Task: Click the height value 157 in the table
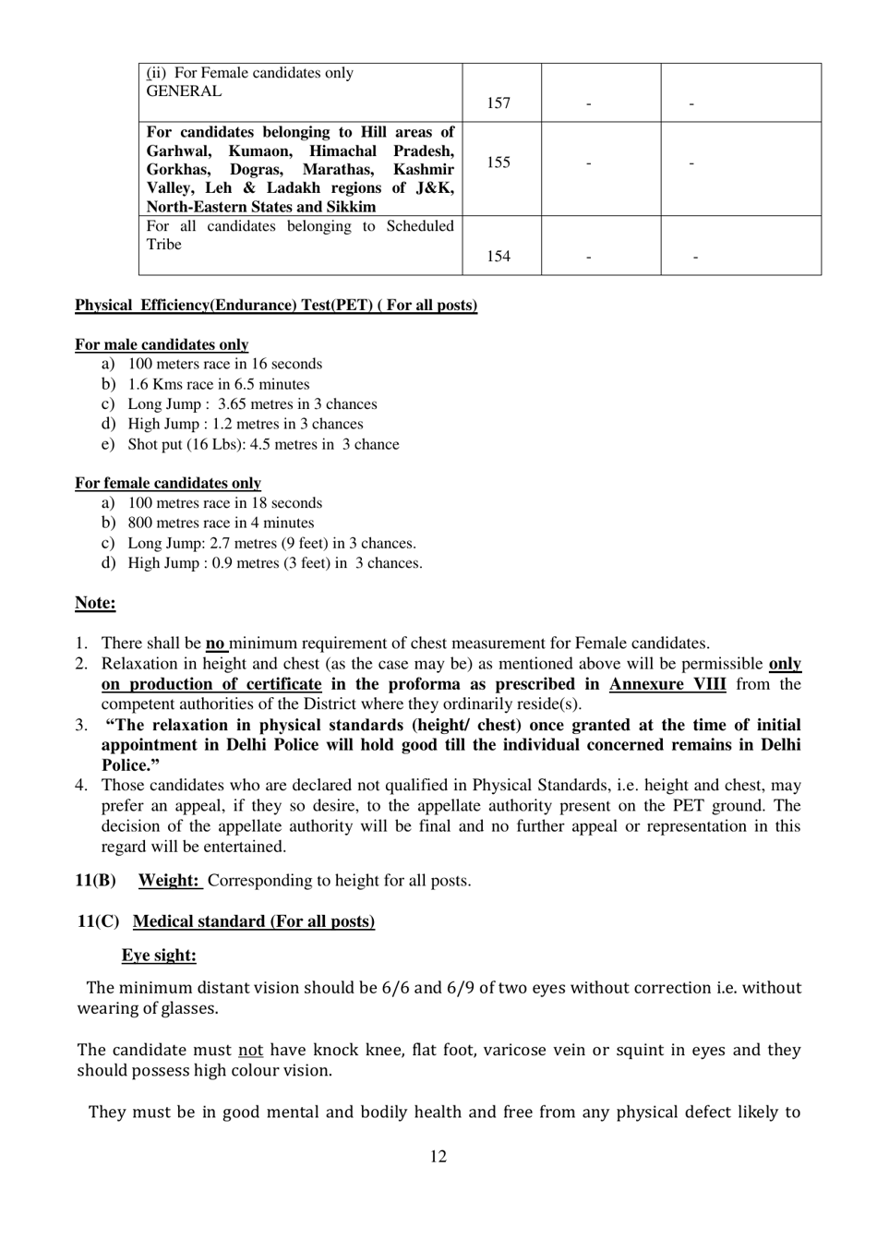(x=499, y=103)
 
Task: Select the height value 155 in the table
(x=499, y=162)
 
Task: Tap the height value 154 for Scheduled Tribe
(x=499, y=257)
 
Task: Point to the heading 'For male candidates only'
(x=162, y=344)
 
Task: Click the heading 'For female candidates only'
(x=168, y=483)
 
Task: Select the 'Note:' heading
(x=95, y=603)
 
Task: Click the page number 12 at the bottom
(x=438, y=1157)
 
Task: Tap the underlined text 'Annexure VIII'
(x=667, y=684)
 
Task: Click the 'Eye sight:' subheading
(x=159, y=956)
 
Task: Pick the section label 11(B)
(x=96, y=880)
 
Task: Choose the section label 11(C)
(x=99, y=921)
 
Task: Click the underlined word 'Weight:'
(x=170, y=880)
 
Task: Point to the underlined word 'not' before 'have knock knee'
(x=251, y=1050)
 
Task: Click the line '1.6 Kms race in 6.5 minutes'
(x=219, y=384)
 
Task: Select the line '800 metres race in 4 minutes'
(x=221, y=523)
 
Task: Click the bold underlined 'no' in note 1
(x=215, y=644)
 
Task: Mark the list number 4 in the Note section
(x=81, y=786)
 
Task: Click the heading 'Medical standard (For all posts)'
(x=254, y=921)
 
